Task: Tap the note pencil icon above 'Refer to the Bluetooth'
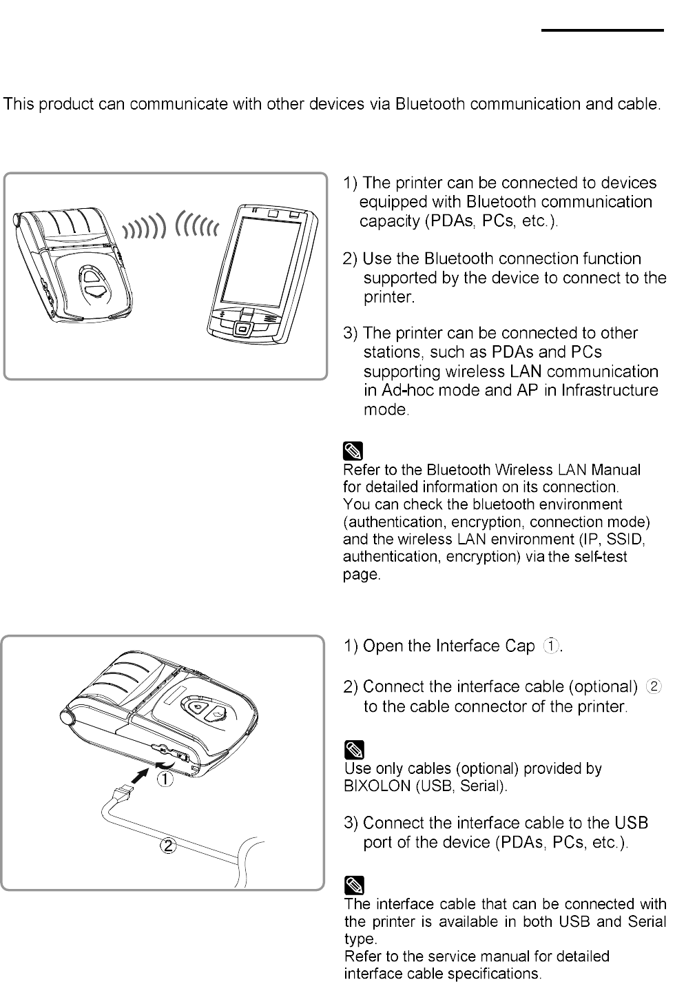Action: tap(353, 452)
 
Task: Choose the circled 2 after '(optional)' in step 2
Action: tap(654, 686)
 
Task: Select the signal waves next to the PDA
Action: tap(198, 225)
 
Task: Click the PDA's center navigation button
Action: tap(242, 329)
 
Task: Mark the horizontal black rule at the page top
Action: tap(601, 30)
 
